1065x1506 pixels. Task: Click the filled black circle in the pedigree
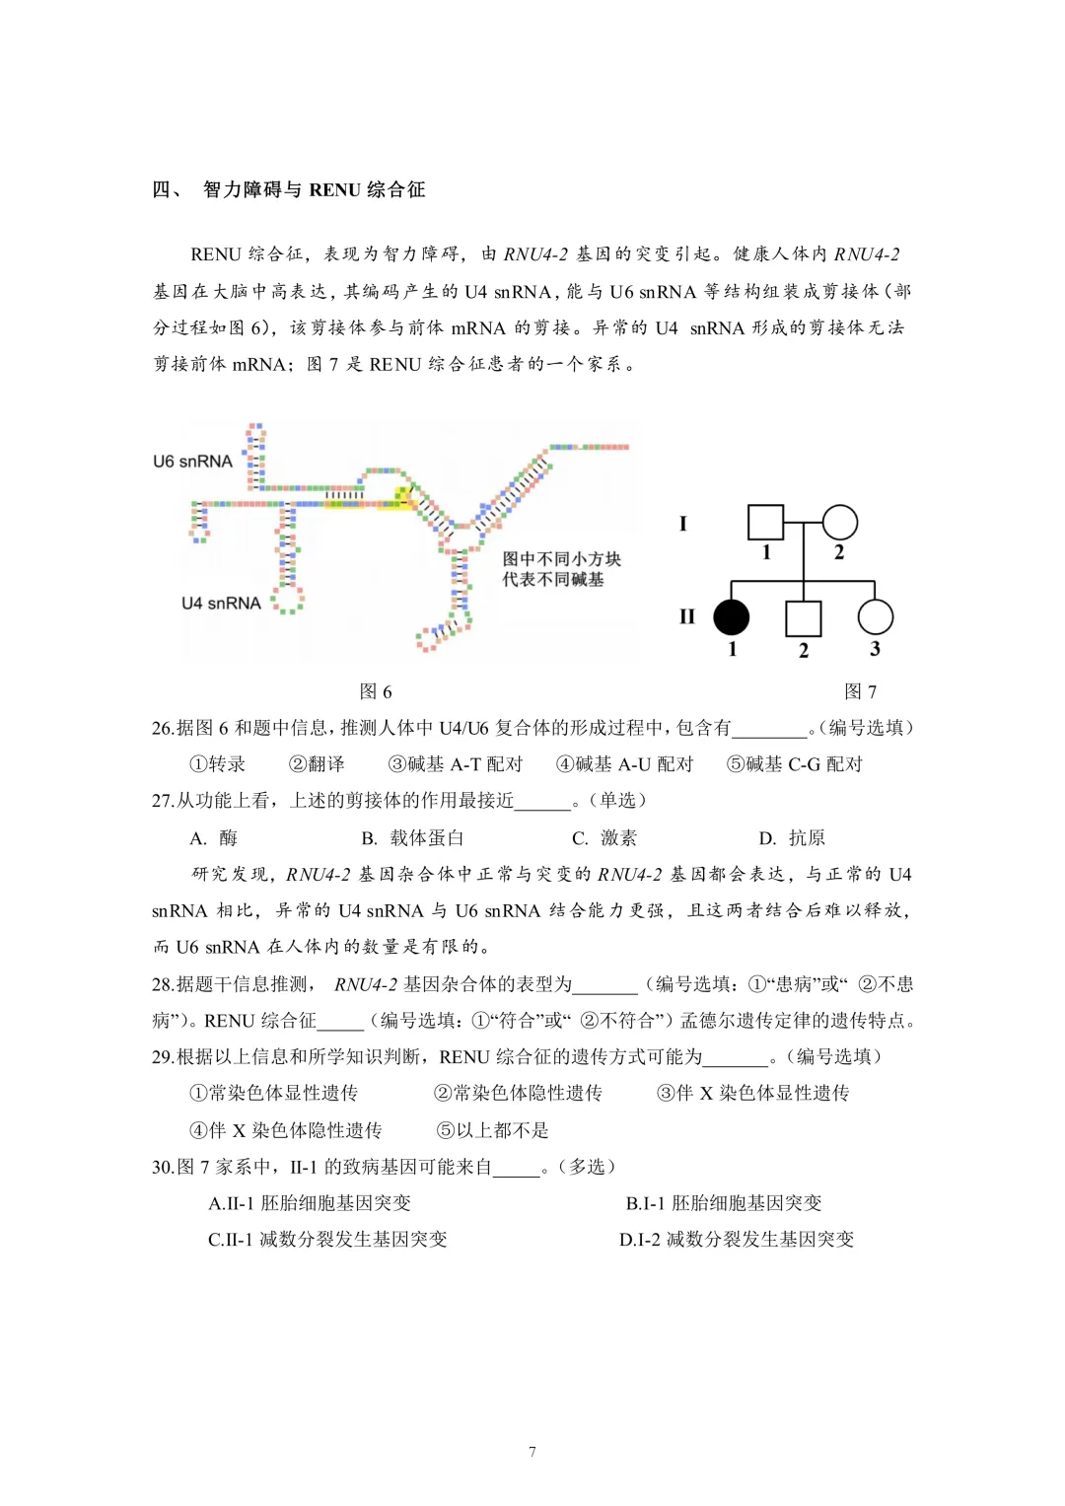731,617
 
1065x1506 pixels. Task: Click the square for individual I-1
765,523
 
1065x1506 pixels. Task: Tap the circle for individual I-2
839,523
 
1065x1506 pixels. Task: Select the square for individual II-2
803,618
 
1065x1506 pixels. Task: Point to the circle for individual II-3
875,617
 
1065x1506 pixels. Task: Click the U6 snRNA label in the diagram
192,462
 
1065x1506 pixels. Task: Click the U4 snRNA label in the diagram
221,604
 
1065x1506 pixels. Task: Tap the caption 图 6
376,691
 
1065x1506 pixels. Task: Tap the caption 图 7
860,691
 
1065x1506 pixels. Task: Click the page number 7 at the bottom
532,1452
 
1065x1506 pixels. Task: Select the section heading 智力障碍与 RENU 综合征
314,189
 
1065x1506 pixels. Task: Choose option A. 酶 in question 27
214,838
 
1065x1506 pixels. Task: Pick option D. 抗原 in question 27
792,838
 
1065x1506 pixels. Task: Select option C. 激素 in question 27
604,838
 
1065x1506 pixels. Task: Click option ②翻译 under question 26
317,764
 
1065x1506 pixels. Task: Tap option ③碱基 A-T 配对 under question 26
456,764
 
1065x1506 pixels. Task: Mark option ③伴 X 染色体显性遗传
752,1093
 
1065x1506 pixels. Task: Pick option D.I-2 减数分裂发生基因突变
736,1239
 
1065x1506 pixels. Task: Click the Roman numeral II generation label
687,617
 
